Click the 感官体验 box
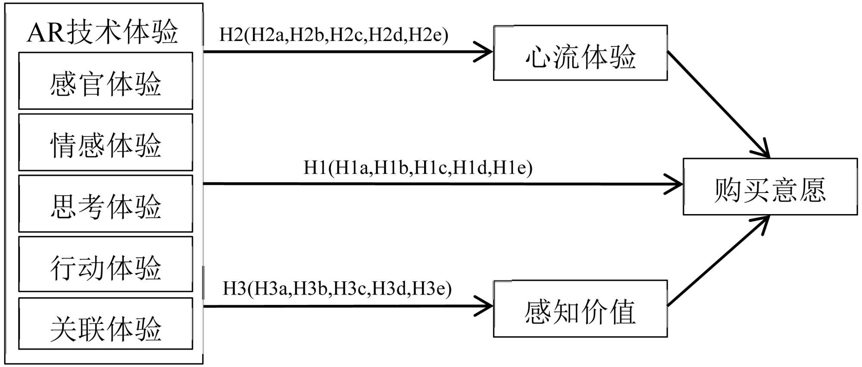106,81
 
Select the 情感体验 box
106,143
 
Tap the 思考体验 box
106,204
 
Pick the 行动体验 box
106,265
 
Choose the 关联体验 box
106,324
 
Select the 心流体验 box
580,53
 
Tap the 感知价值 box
580,309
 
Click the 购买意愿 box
770,187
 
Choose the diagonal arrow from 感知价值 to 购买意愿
718,261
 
